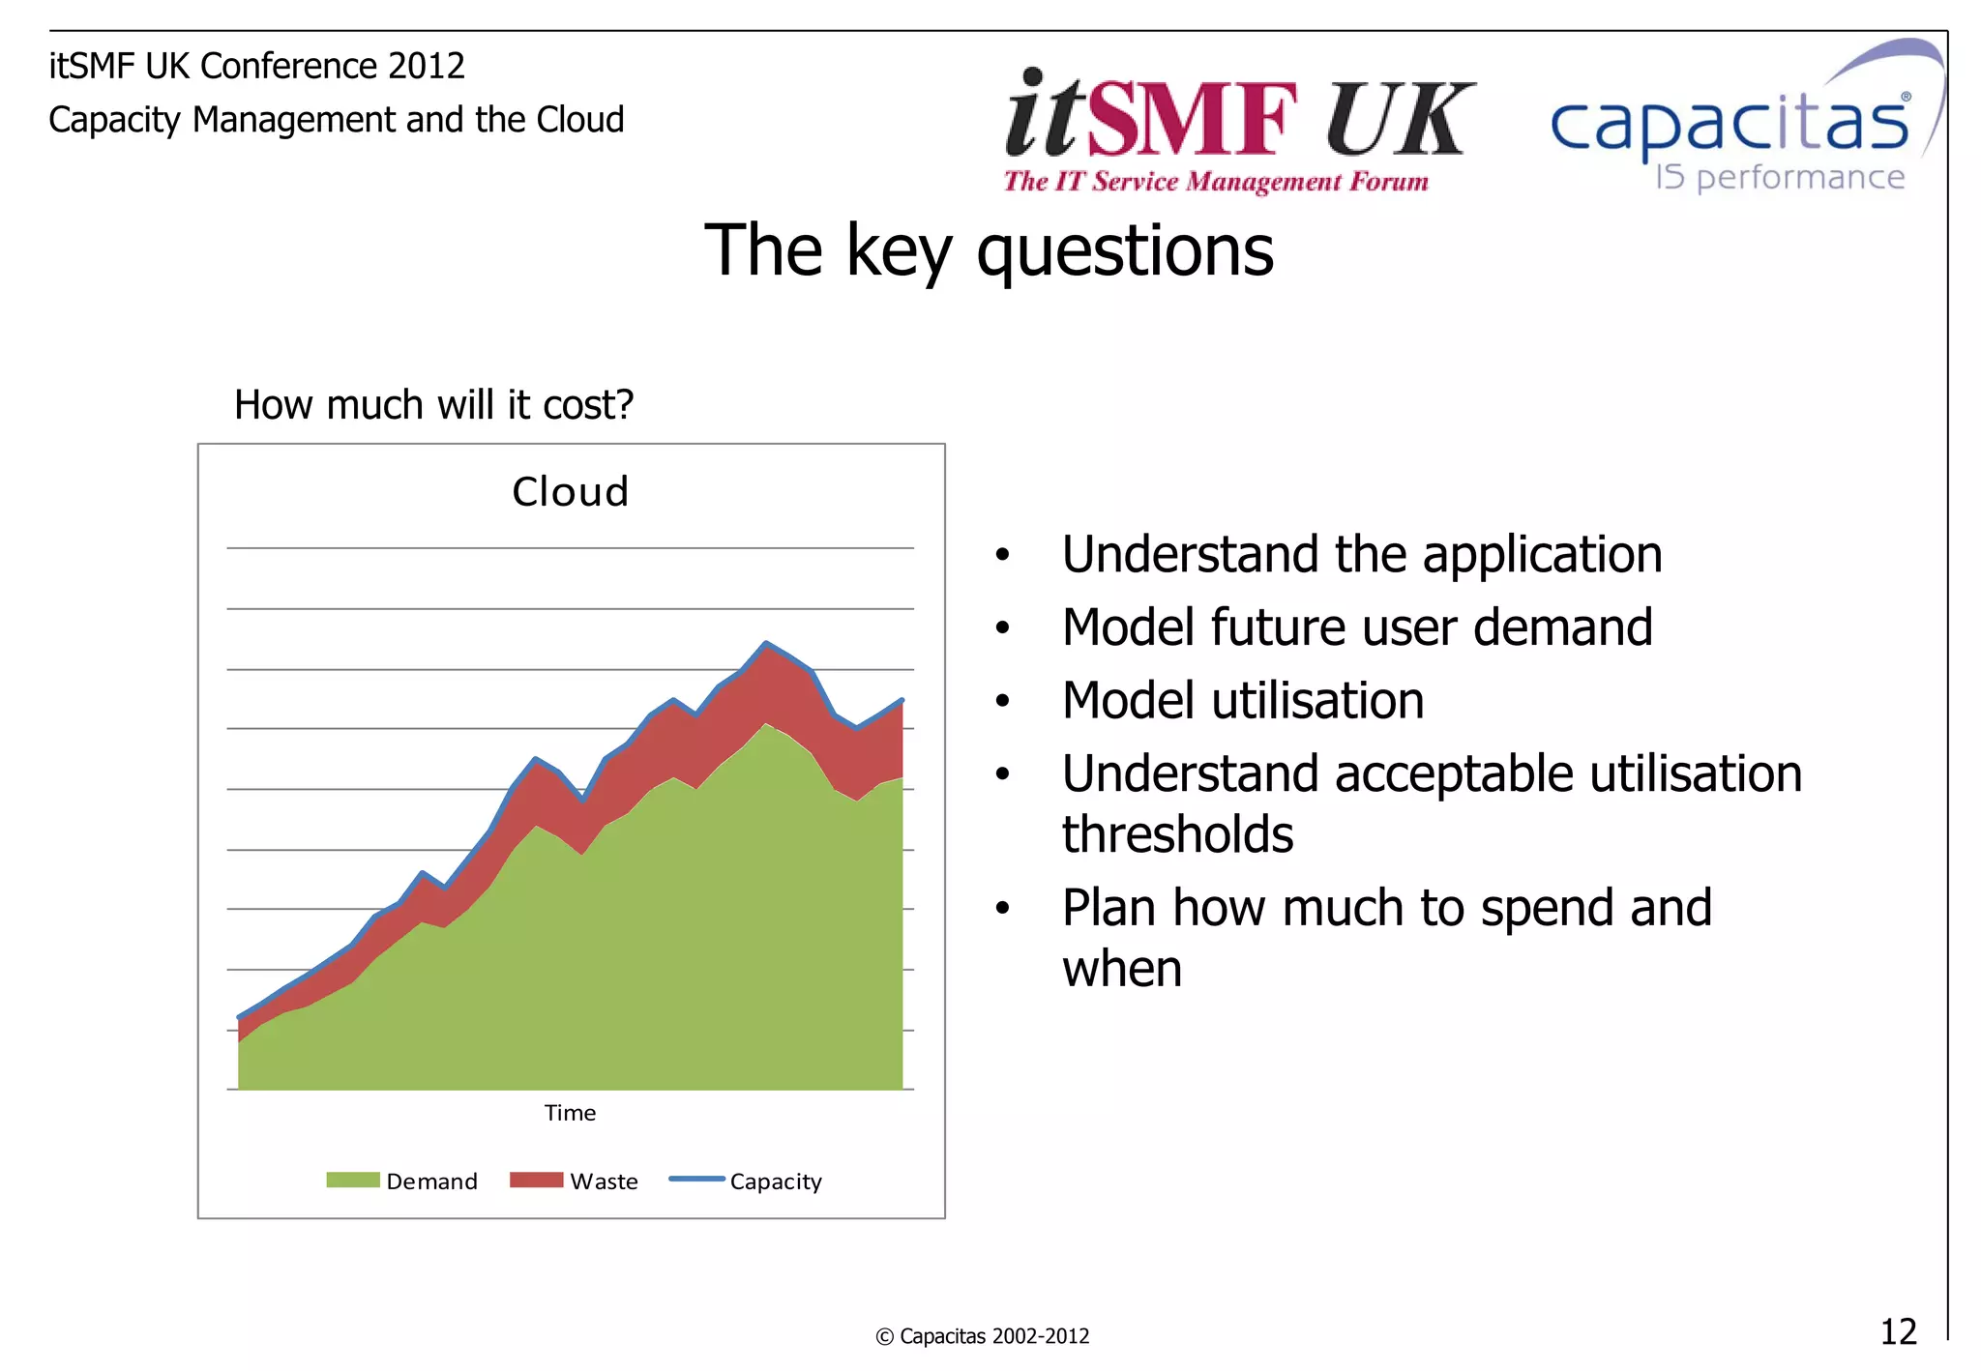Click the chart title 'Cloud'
coord(570,492)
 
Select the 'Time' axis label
coord(570,1113)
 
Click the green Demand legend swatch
coord(352,1180)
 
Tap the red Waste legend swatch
coord(536,1180)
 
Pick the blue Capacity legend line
coord(696,1179)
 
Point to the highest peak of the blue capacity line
coord(766,643)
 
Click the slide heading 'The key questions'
coord(989,251)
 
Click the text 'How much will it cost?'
coord(433,404)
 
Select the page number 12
coord(1898,1331)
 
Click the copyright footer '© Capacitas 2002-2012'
coord(982,1336)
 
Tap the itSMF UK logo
coord(1238,116)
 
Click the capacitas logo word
coord(1730,126)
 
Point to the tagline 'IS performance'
coord(1780,178)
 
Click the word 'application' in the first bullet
coord(1542,555)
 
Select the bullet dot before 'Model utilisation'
coord(1002,701)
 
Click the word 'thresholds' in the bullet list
coord(1177,834)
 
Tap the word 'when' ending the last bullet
coord(1122,969)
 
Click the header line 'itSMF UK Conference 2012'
coord(256,66)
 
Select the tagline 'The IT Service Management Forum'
coord(1216,182)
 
